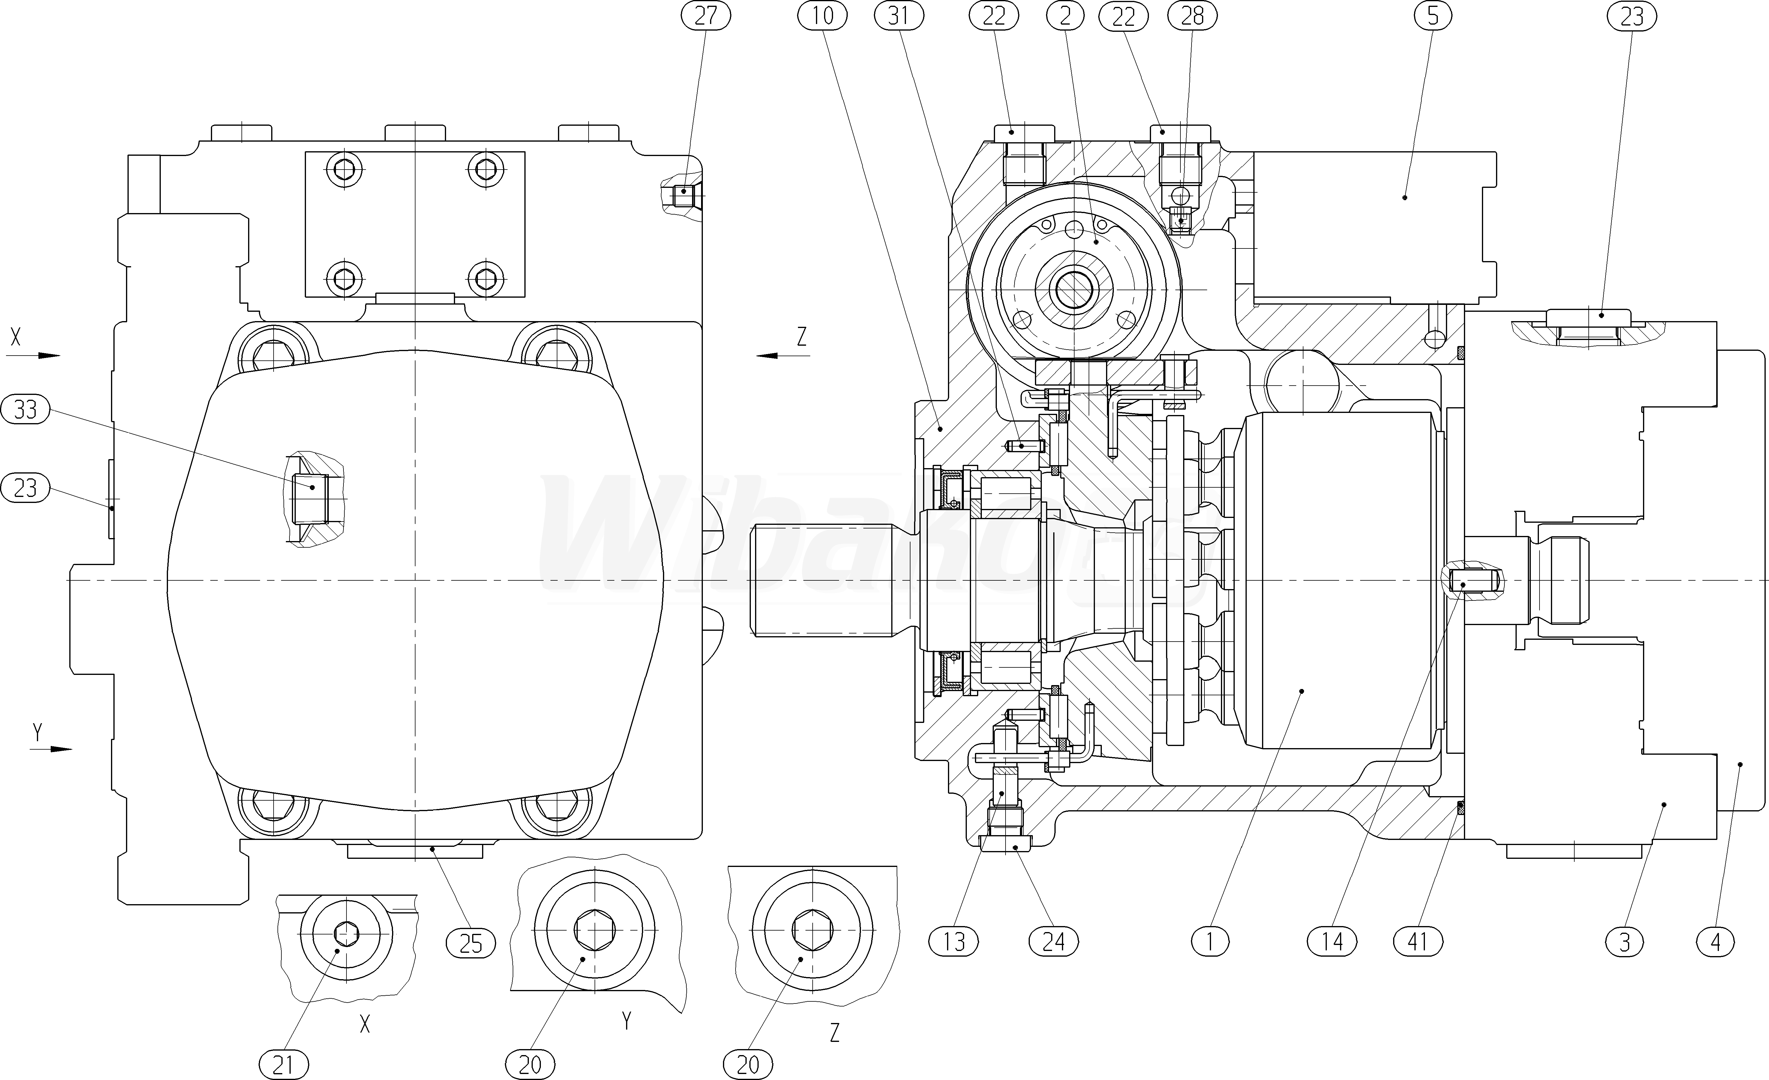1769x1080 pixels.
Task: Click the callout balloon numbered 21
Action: pyautogui.click(x=283, y=1064)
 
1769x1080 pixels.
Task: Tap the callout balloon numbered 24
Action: pyautogui.click(x=1053, y=941)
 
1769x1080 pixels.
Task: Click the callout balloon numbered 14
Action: pyautogui.click(x=1333, y=941)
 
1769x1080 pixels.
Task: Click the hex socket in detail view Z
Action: pyautogui.click(x=813, y=930)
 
